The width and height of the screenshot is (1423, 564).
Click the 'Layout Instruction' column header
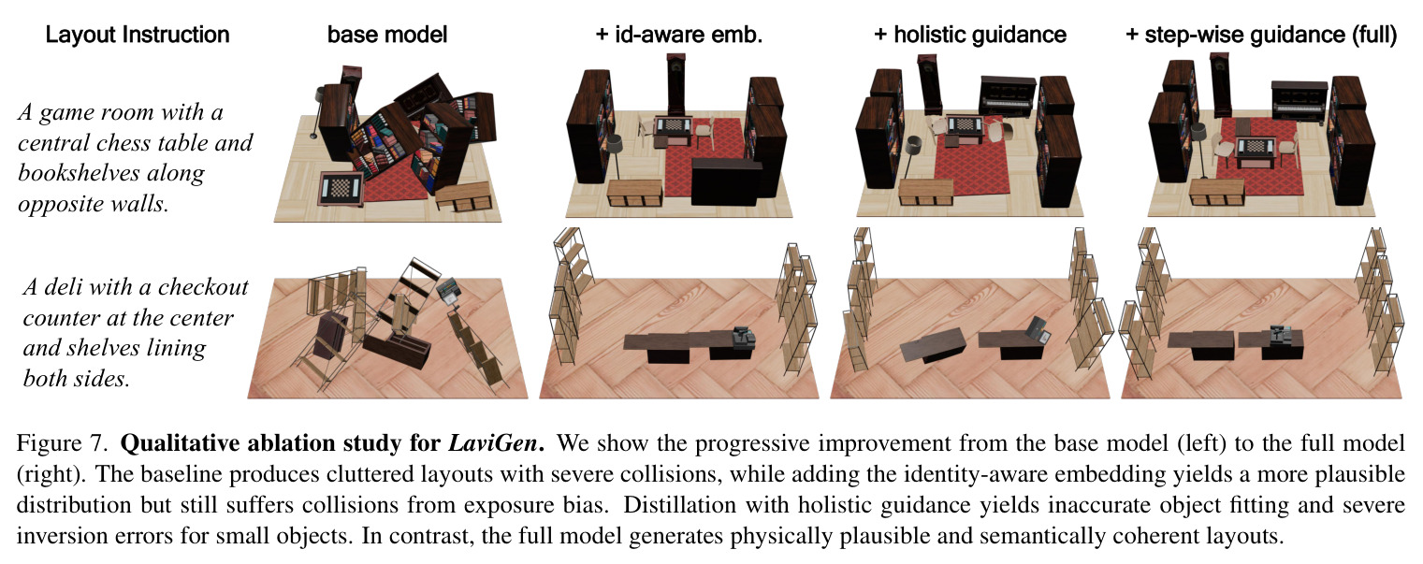pos(138,35)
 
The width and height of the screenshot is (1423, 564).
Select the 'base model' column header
pos(387,35)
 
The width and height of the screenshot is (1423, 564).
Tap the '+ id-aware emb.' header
pos(678,35)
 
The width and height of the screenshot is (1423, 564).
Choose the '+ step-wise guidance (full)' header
pos(1261,35)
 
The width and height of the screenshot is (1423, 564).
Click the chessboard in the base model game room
pos(341,189)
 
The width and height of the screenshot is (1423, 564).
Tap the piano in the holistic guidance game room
pos(1008,97)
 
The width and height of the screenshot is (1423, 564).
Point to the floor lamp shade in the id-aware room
pos(615,143)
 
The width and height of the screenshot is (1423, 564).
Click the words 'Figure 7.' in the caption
pos(63,442)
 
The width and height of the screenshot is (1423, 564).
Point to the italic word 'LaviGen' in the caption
pos(493,442)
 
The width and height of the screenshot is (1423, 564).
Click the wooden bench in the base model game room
pos(464,197)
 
